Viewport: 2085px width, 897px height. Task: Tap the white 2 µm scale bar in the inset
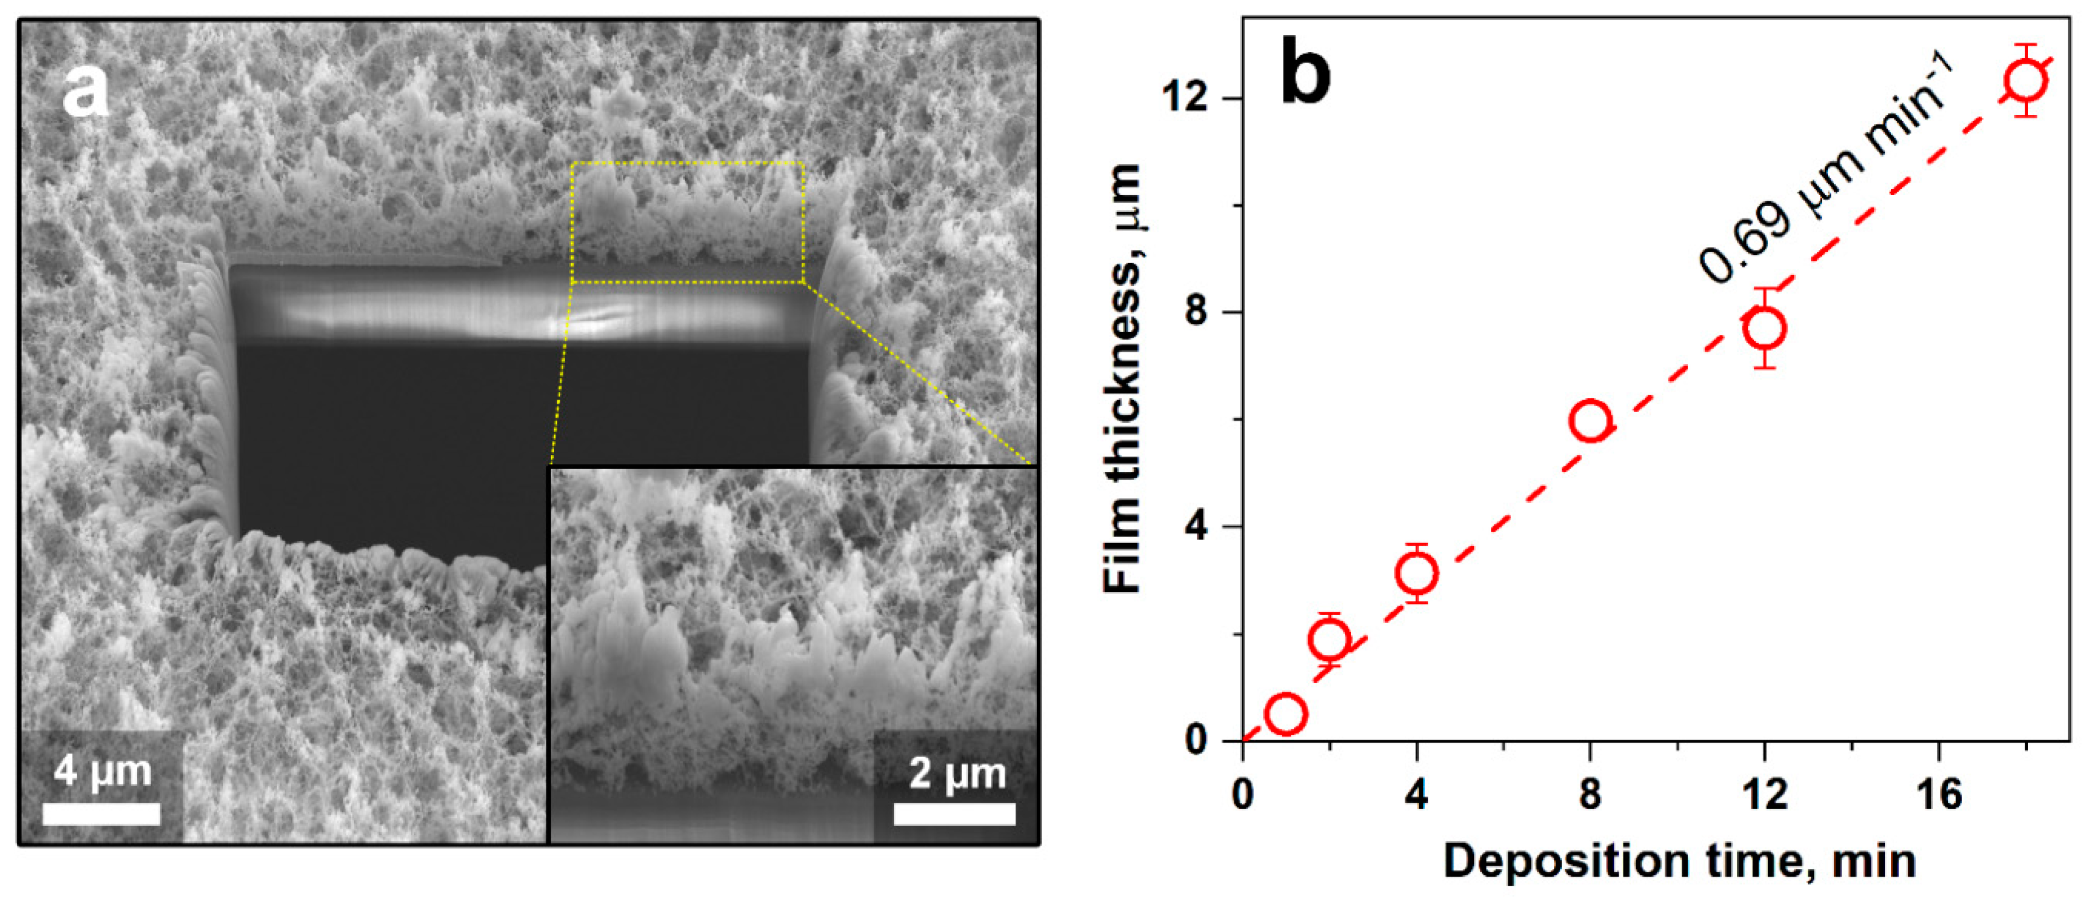[x=954, y=814]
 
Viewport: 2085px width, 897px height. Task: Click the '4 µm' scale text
[x=103, y=771]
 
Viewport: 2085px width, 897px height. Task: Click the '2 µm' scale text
[x=957, y=773]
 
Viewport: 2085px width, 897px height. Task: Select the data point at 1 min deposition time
[x=1286, y=714]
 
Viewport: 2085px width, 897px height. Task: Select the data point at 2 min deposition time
[x=1329, y=639]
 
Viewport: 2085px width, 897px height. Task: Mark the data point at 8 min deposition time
[x=1591, y=421]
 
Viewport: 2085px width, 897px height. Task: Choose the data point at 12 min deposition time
[x=1765, y=328]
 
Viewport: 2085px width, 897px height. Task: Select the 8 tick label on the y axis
[x=1201, y=312]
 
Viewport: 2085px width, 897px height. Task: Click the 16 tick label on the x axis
[x=1940, y=795]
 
